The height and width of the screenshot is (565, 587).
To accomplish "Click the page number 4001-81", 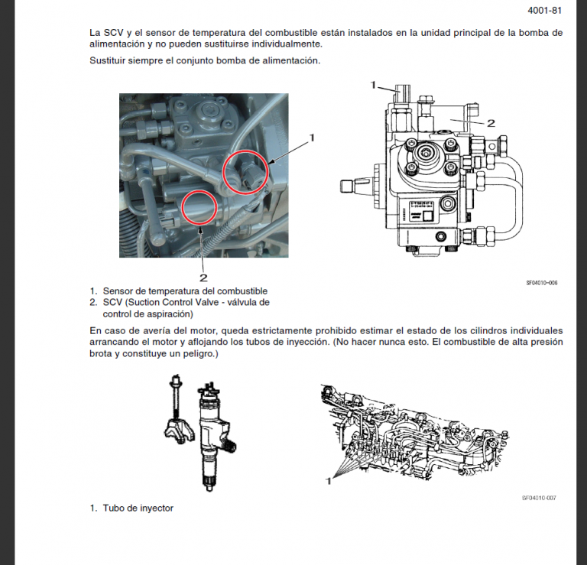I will (545, 11).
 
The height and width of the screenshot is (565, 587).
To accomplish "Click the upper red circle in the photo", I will (245, 172).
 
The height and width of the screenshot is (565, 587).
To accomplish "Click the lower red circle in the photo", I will (203, 207).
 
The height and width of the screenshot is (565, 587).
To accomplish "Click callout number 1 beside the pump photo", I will (312, 138).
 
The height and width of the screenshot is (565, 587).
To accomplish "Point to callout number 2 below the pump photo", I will (203, 278).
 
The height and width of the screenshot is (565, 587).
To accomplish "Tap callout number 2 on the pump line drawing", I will (491, 123).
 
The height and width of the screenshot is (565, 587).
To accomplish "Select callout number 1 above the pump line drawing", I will (373, 84).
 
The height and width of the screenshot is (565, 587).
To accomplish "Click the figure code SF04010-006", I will (541, 282).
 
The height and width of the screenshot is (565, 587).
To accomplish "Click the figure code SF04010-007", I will (539, 498).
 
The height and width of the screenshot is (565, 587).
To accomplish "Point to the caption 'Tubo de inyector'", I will (138, 508).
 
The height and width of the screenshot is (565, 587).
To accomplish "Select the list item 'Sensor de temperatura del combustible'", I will (184, 291).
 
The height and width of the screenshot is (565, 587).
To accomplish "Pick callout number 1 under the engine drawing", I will (329, 482).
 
